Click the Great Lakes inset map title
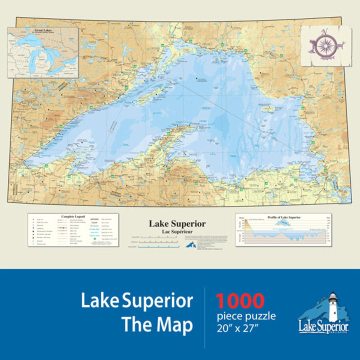click(42, 30)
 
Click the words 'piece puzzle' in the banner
click(245, 316)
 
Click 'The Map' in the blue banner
click(157, 325)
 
